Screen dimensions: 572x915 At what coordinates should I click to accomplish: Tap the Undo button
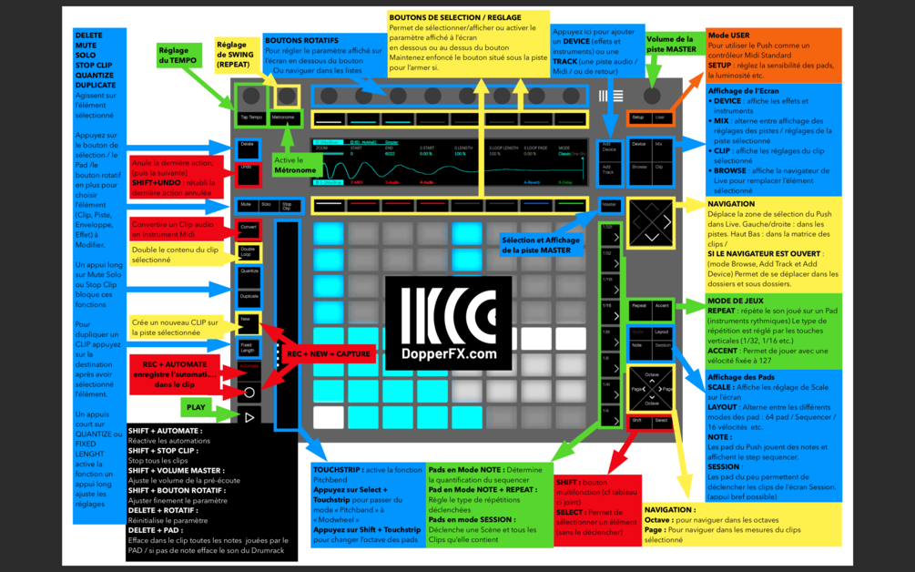246,168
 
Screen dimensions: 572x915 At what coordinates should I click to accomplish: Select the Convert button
248,227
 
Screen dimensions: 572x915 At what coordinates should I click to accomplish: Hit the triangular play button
249,416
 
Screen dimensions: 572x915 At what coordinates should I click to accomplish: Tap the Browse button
639,168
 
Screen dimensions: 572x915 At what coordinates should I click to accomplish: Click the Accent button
662,306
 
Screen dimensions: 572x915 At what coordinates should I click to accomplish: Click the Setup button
638,117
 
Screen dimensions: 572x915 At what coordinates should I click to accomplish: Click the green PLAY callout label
196,407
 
